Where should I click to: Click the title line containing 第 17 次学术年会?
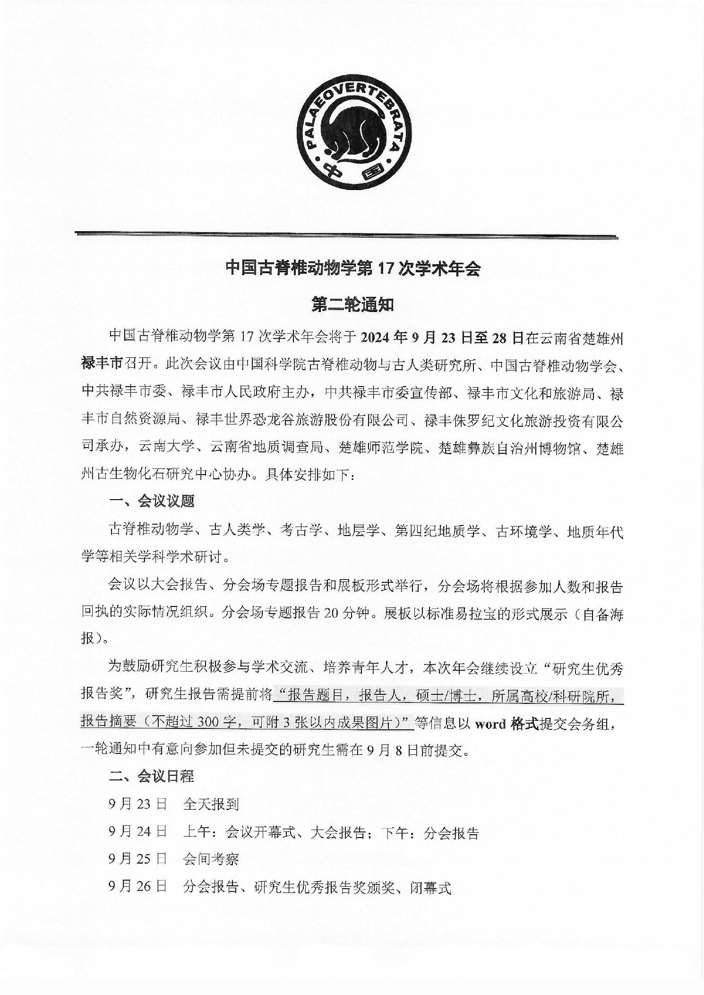352,269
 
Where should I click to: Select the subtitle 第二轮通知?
352,305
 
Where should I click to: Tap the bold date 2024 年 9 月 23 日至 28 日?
442,338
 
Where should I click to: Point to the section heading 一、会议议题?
152,502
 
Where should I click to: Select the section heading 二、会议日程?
152,776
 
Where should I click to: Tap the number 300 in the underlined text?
210,723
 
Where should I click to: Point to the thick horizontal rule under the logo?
346,235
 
